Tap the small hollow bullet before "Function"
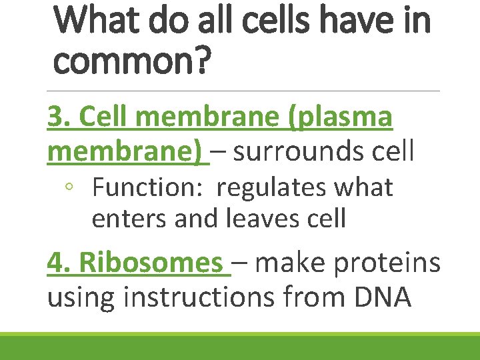69,189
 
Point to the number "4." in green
59,263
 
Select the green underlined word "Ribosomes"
151,263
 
